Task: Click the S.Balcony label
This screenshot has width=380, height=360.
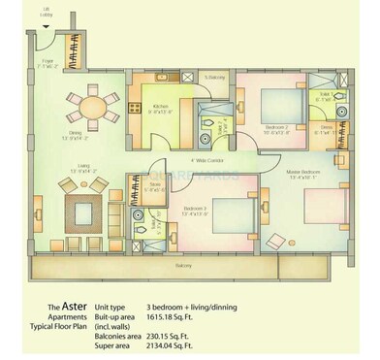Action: (215, 77)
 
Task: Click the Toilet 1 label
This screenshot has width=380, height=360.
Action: (323, 96)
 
